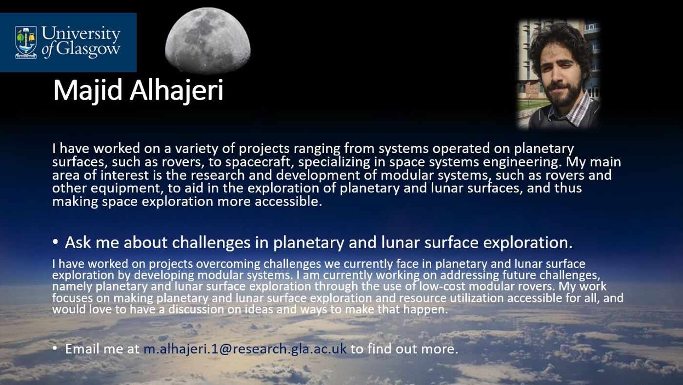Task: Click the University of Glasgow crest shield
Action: (x=26, y=42)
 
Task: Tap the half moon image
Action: (x=208, y=40)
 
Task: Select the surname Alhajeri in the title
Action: (x=177, y=90)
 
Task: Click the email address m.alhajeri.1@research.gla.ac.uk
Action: (x=245, y=349)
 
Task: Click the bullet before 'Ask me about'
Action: (x=55, y=242)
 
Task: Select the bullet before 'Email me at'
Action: (x=55, y=348)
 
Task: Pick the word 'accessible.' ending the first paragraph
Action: (x=288, y=201)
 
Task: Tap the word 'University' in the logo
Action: (x=81, y=33)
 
